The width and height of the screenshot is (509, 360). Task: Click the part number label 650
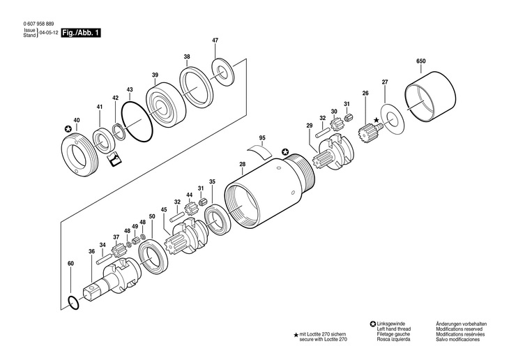pos(420,61)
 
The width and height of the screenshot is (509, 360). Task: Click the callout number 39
pos(155,75)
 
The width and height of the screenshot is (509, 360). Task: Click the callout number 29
pos(308,125)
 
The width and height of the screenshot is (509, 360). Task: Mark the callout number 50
pos(152,216)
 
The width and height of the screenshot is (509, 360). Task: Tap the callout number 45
pos(164,209)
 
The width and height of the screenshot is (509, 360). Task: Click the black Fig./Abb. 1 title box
pos(82,33)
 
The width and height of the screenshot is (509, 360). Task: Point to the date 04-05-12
pos(48,33)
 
